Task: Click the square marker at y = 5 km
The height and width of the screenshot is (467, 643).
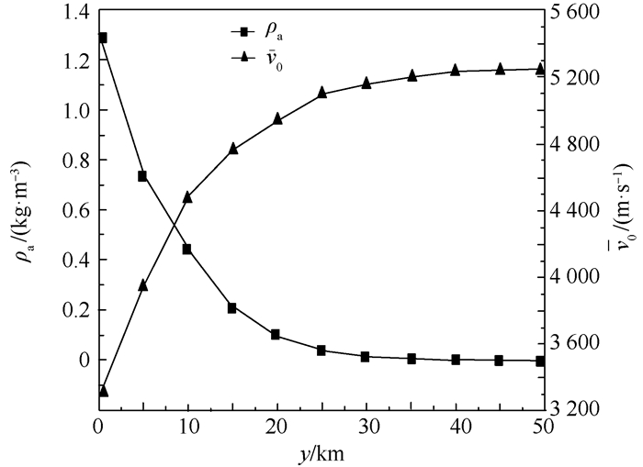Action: point(142,175)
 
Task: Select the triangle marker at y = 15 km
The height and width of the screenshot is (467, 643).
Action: point(232,149)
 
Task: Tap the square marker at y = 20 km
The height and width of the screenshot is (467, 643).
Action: point(276,335)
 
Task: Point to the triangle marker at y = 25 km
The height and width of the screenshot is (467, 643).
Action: point(321,93)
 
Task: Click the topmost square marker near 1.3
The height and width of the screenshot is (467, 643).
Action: point(103,38)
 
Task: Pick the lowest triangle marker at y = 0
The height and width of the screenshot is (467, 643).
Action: point(103,391)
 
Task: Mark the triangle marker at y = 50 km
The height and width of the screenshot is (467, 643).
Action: point(541,69)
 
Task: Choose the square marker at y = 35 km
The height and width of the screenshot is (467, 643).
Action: point(412,358)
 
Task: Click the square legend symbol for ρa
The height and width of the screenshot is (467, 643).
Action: point(243,34)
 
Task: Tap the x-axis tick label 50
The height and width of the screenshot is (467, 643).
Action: point(542,428)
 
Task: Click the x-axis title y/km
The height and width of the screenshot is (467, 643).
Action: point(320,452)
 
